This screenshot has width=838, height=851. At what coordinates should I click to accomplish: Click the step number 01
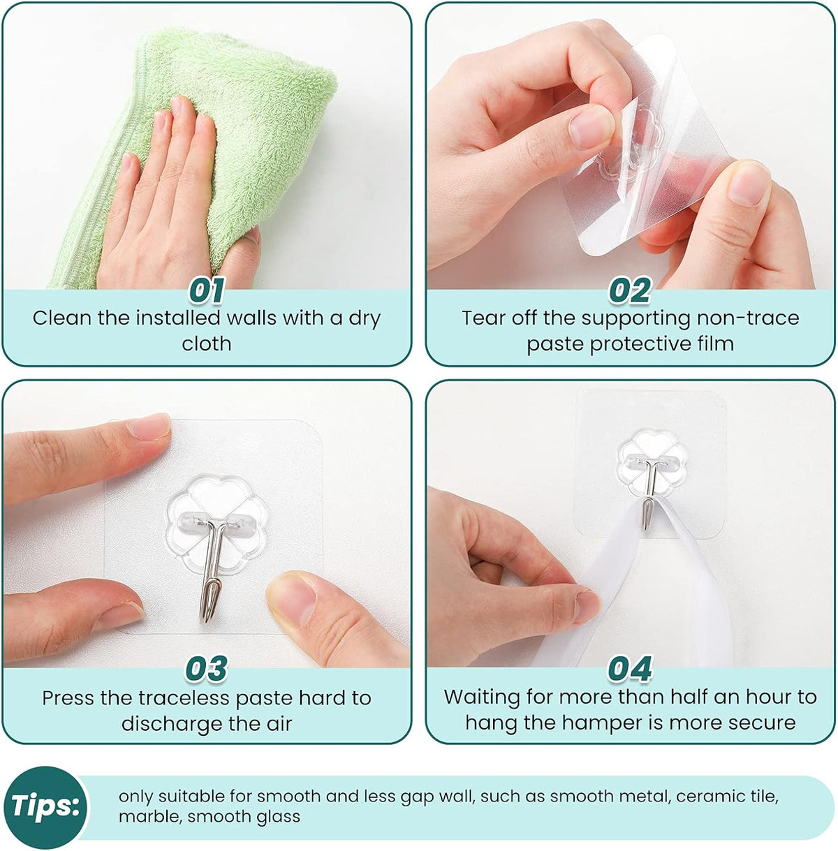click(207, 290)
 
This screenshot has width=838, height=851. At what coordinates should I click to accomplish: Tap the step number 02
click(629, 290)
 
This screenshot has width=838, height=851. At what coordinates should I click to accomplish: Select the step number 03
click(206, 668)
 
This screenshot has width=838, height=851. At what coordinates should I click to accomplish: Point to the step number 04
click(629, 668)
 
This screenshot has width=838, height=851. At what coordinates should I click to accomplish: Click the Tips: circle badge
click(45, 806)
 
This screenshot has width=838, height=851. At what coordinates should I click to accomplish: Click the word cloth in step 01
click(206, 343)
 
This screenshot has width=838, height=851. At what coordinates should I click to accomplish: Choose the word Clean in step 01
click(62, 318)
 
